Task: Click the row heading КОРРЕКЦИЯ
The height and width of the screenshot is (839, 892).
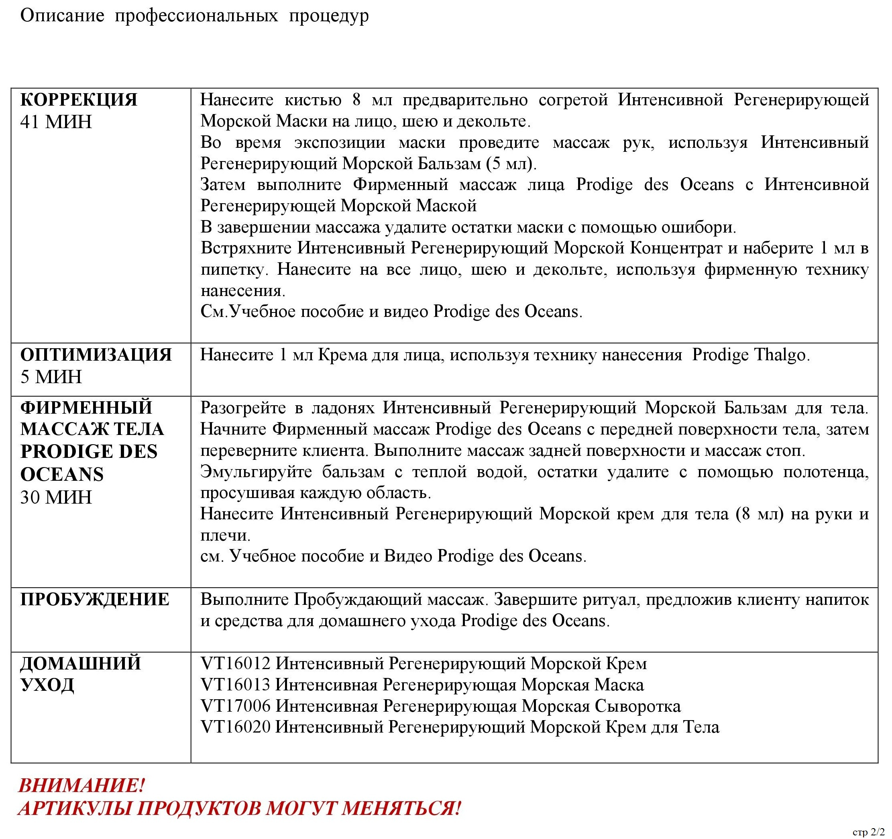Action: [79, 100]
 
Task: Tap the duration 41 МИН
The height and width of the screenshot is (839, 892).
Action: [56, 122]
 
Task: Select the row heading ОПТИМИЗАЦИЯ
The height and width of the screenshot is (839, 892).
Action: [96, 355]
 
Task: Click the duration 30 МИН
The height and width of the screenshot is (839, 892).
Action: [56, 497]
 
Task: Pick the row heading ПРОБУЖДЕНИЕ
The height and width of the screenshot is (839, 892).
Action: [95, 599]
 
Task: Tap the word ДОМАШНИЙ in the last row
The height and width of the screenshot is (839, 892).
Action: [81, 663]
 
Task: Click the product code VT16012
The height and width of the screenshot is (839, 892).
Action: [236, 663]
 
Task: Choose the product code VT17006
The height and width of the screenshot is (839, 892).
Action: [236, 706]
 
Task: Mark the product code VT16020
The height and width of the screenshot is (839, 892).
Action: [236, 727]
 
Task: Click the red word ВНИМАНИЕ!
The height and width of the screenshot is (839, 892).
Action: [81, 786]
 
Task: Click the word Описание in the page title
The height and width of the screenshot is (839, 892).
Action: [62, 16]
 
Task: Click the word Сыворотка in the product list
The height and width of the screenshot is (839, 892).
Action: [637, 706]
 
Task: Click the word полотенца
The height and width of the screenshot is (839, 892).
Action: [826, 472]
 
